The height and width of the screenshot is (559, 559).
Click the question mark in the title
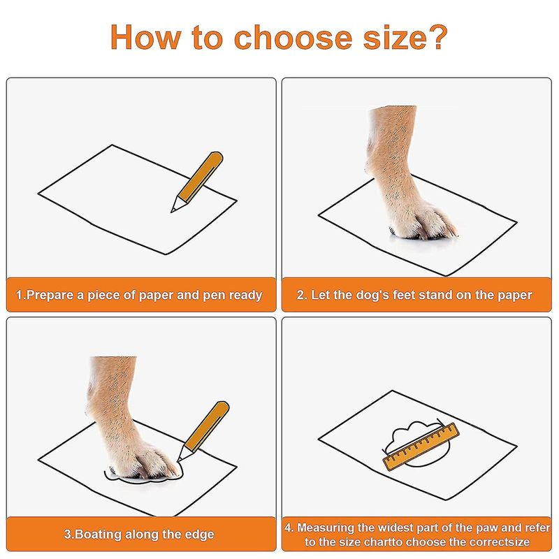(x=436, y=37)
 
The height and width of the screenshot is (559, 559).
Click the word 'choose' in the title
(x=293, y=37)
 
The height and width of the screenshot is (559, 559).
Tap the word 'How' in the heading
(x=145, y=37)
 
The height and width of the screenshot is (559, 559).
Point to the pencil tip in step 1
(x=172, y=211)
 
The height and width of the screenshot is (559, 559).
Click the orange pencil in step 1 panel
(x=197, y=182)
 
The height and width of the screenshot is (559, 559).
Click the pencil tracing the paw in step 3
(x=203, y=431)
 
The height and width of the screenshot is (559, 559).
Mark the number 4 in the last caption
(x=289, y=528)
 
